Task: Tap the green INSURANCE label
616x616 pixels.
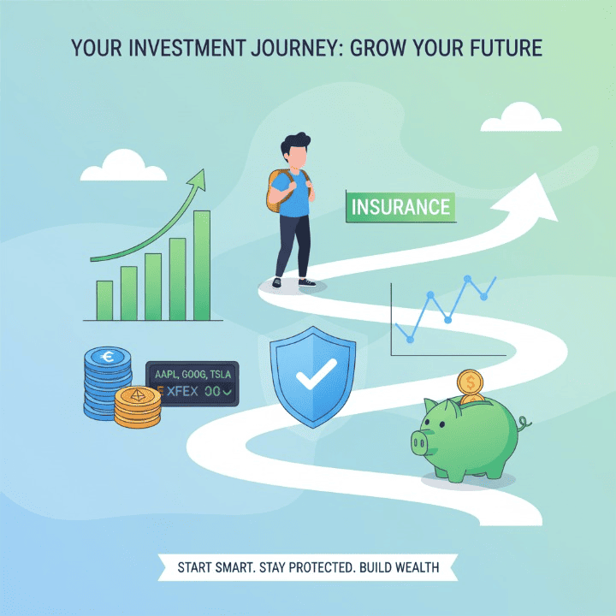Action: click(400, 207)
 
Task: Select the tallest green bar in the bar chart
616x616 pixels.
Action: click(202, 265)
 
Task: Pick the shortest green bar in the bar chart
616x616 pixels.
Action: click(104, 300)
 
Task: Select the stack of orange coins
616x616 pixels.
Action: click(137, 408)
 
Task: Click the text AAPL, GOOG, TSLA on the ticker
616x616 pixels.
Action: click(192, 373)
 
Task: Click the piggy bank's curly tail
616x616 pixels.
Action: click(524, 422)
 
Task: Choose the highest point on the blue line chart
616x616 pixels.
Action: click(467, 279)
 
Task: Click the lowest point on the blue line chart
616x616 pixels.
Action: click(411, 340)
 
